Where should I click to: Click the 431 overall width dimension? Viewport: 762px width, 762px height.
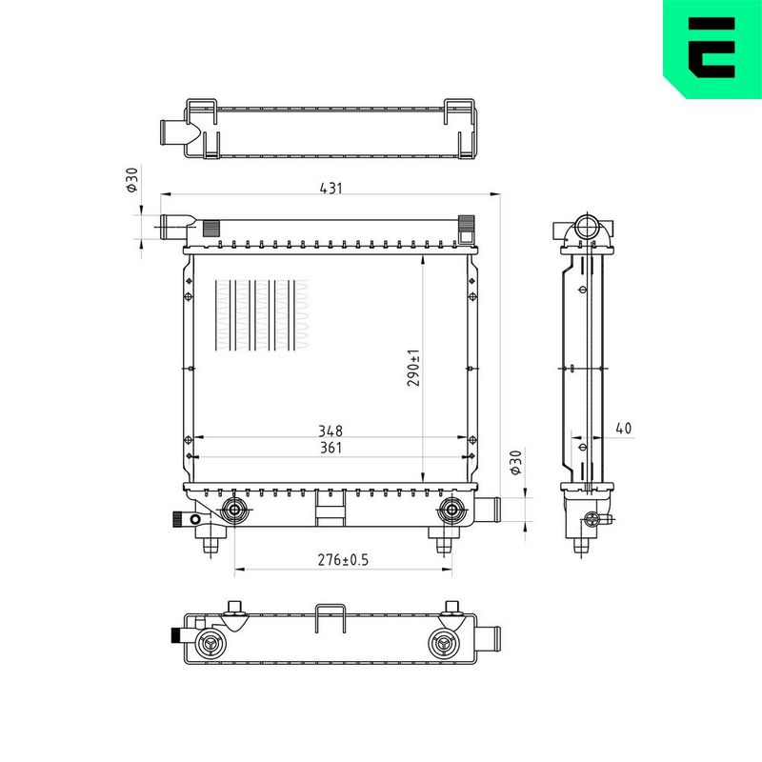[x=331, y=188]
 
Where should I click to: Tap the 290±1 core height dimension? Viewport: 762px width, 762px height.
[x=413, y=368]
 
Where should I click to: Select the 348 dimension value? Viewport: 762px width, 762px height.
[x=331, y=431]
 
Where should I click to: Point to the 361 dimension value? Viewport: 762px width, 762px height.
[x=331, y=448]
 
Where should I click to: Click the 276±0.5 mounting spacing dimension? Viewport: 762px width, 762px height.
[x=343, y=560]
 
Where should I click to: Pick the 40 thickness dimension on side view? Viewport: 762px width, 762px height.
[x=624, y=428]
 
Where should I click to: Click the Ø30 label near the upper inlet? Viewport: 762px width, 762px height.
[x=132, y=179]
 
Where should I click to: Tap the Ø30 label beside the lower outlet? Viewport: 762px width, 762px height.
[x=515, y=462]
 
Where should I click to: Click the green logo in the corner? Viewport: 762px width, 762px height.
[x=712, y=50]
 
